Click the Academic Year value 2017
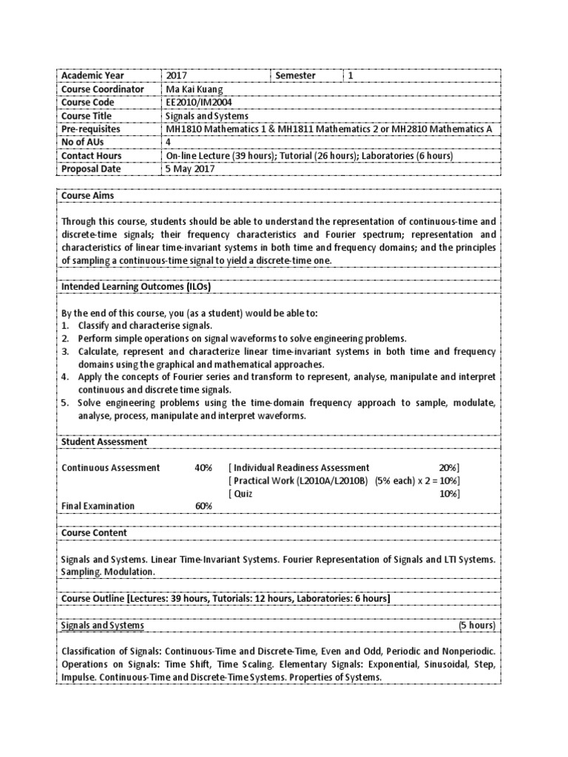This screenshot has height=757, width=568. (x=177, y=75)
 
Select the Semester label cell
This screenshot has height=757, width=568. (x=295, y=75)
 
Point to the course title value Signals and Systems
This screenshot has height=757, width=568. (x=207, y=116)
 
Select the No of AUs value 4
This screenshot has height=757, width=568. (x=169, y=143)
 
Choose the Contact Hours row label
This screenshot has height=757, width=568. (x=91, y=156)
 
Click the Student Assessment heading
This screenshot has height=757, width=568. (x=104, y=441)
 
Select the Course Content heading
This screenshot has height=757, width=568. (x=94, y=532)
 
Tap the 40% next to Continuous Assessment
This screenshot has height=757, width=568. (x=203, y=467)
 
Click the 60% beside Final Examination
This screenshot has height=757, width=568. (x=203, y=506)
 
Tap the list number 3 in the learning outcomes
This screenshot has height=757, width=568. (x=64, y=351)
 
